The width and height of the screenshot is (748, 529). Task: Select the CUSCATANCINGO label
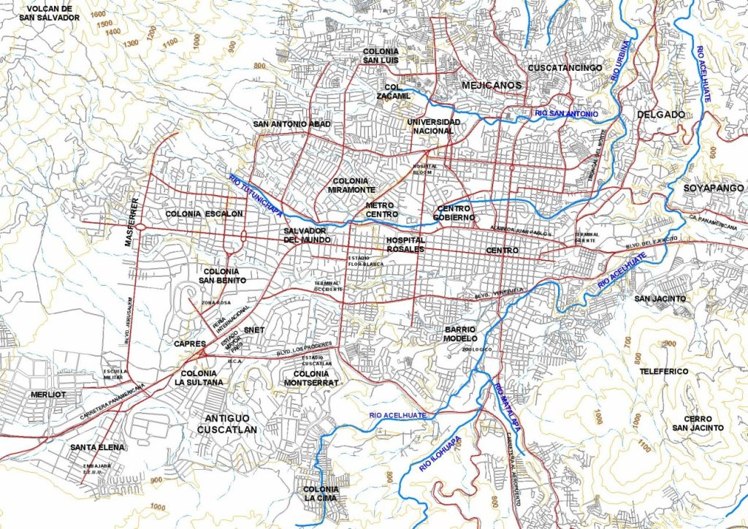tap(565, 68)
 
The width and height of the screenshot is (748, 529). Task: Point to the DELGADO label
tap(660, 115)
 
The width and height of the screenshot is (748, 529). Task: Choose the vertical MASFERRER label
tap(133, 221)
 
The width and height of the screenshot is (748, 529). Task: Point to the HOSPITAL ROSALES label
tap(405, 244)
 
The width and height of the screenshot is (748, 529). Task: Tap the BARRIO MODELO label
tap(460, 334)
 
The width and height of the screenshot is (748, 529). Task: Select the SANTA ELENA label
tap(98, 446)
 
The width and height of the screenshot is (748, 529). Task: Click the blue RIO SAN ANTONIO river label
tap(566, 114)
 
